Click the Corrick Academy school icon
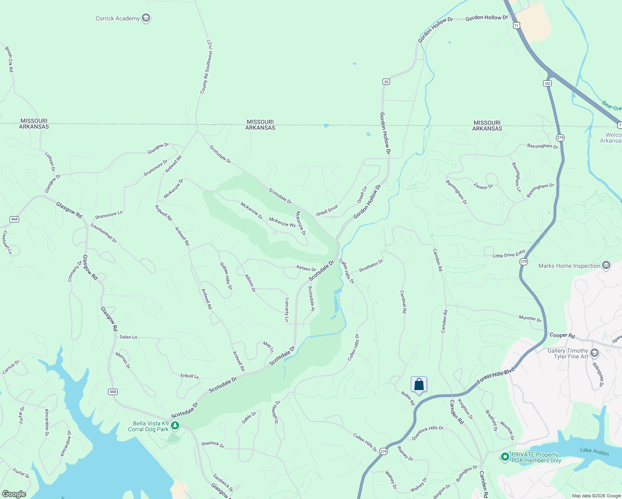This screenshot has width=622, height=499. (146, 18)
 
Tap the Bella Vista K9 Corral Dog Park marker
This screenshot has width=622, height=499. (175, 425)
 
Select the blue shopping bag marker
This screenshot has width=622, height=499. (419, 384)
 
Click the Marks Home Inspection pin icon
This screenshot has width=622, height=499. (606, 265)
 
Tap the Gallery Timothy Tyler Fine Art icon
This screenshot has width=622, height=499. (595, 353)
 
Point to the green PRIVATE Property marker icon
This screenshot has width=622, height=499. (505, 457)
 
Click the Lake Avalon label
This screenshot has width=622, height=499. (594, 452)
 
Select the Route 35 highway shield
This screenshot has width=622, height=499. (386, 82)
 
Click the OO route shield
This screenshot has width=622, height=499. (548, 83)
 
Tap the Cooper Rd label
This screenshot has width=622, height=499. (562, 335)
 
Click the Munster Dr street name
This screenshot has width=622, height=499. (530, 319)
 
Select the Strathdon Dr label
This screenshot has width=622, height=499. (371, 266)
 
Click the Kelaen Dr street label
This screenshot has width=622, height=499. (306, 269)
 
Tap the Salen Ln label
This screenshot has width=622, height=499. (128, 337)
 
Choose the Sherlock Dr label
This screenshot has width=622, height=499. (212, 445)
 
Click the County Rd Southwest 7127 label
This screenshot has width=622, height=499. (206, 67)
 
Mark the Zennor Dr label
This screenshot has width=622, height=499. (483, 187)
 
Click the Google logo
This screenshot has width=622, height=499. (14, 494)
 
